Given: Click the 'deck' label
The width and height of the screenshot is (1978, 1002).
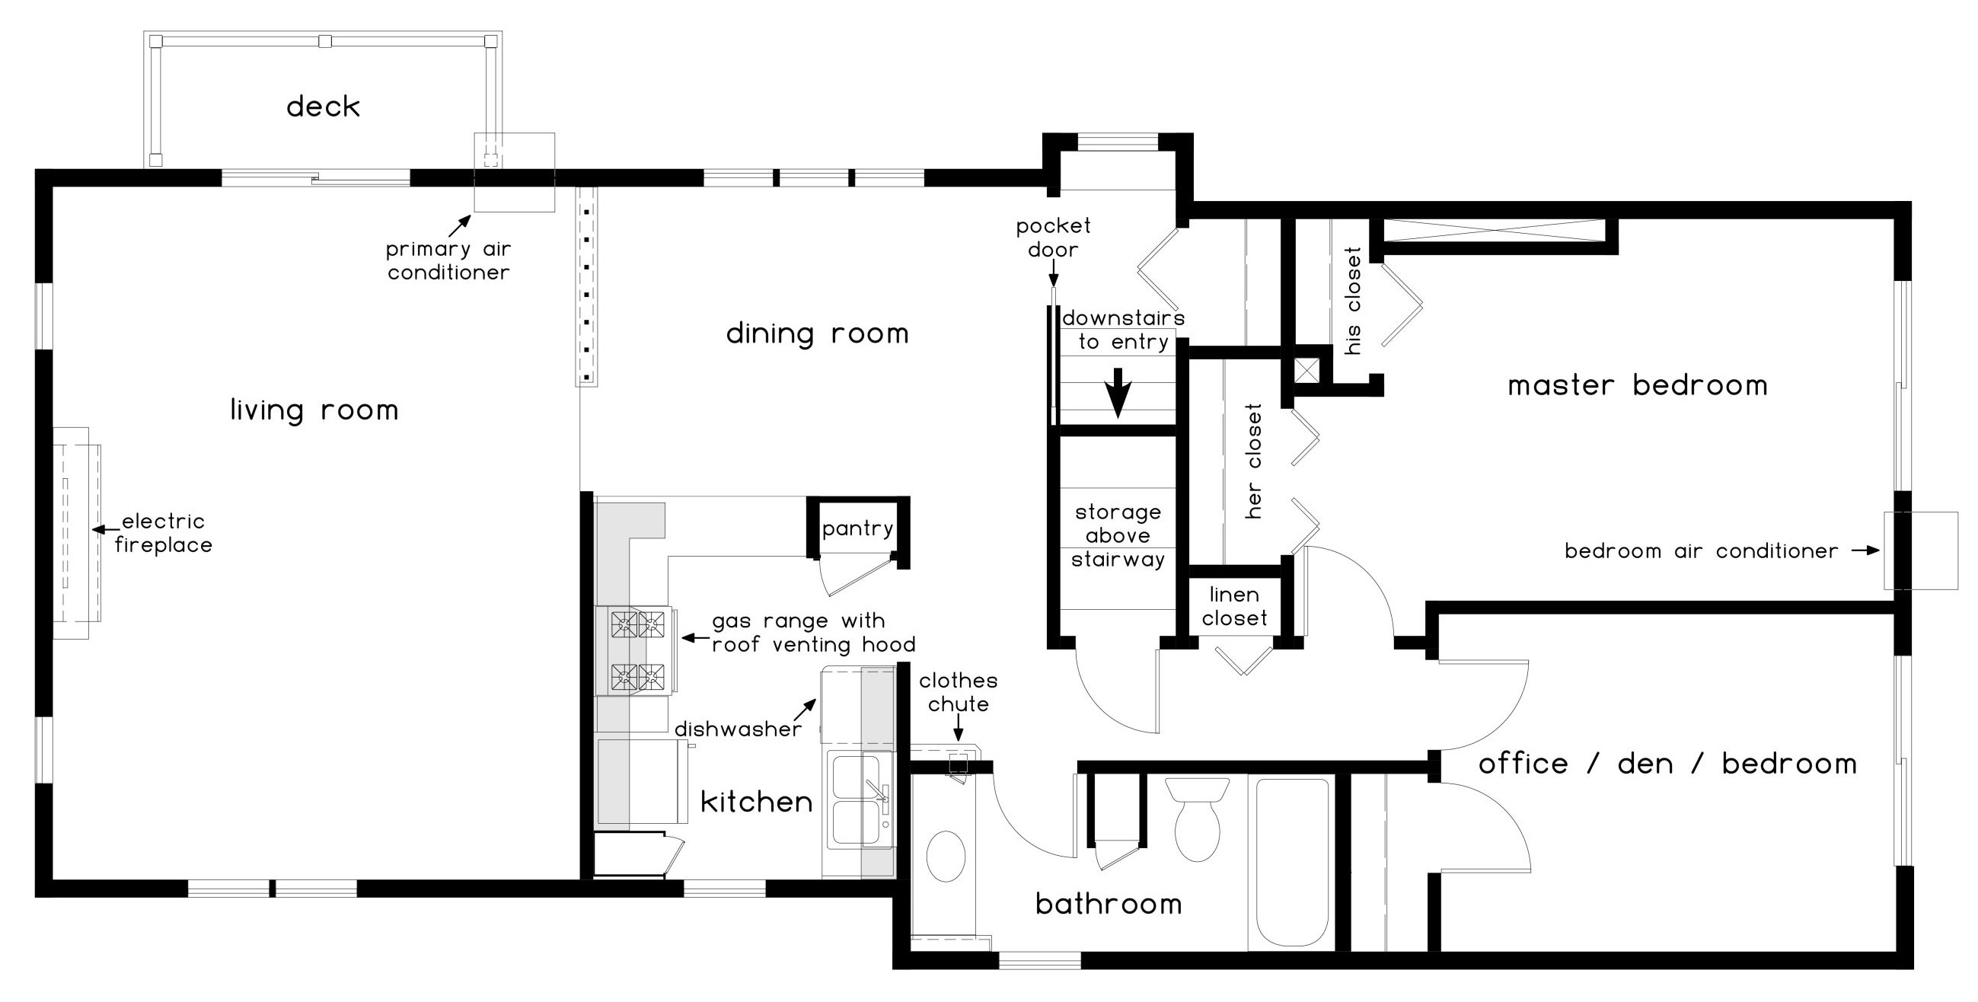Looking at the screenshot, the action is pos(324,107).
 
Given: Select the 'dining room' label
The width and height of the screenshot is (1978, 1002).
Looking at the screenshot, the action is pos(818,333).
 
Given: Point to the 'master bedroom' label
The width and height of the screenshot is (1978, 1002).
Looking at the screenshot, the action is pos(1638,385).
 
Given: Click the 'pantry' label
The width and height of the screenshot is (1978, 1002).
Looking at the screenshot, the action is pos(858,528).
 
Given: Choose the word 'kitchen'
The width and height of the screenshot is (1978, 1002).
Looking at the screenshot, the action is pos(757,801).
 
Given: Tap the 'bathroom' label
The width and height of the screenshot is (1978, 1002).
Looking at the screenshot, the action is pos(1109,903).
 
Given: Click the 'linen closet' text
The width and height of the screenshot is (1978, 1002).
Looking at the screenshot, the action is pos(1235,606).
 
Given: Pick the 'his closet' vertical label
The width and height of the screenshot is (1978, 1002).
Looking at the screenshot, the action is pos(1353,301).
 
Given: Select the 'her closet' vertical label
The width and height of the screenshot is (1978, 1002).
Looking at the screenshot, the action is pos(1253,461).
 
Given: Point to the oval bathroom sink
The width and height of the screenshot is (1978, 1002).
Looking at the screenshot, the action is pos(946,856).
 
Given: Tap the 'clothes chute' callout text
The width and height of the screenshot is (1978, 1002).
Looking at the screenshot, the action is pos(959,692).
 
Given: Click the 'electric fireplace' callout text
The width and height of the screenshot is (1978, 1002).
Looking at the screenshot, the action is pos(164,533).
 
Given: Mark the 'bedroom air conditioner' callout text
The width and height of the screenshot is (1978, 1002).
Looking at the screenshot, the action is pos(1702,550).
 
